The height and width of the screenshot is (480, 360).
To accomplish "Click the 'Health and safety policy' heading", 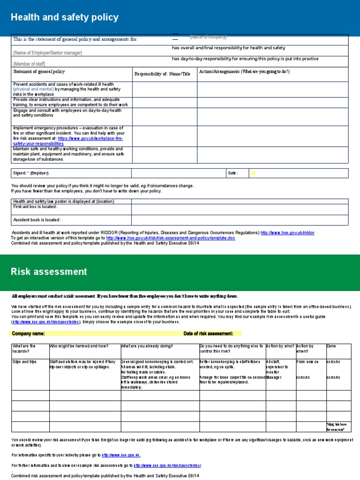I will pos(65,18).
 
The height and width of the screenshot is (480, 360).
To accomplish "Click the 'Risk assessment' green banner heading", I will pos(49,272).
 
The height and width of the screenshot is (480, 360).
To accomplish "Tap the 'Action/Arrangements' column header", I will pos(244,72).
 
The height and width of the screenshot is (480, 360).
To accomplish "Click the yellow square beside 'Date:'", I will pos(254,173).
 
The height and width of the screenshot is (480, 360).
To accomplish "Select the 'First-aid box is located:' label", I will pos(35,207).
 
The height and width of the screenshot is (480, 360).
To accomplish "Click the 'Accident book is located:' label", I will pos(37,220).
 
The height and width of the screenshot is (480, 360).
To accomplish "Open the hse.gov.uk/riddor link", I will pos(287,232).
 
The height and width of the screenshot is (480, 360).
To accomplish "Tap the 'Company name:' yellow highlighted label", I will pos(28,334).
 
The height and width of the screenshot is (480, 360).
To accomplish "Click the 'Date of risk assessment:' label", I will pos(208,334).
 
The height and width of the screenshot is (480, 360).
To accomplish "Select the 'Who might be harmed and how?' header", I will pos(79,346).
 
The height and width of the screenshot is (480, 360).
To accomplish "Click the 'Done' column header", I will pos(331,346).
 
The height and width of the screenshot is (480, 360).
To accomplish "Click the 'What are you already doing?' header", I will pos(147,346).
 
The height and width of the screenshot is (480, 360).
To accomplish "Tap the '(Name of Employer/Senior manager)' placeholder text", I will pos(47,53).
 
